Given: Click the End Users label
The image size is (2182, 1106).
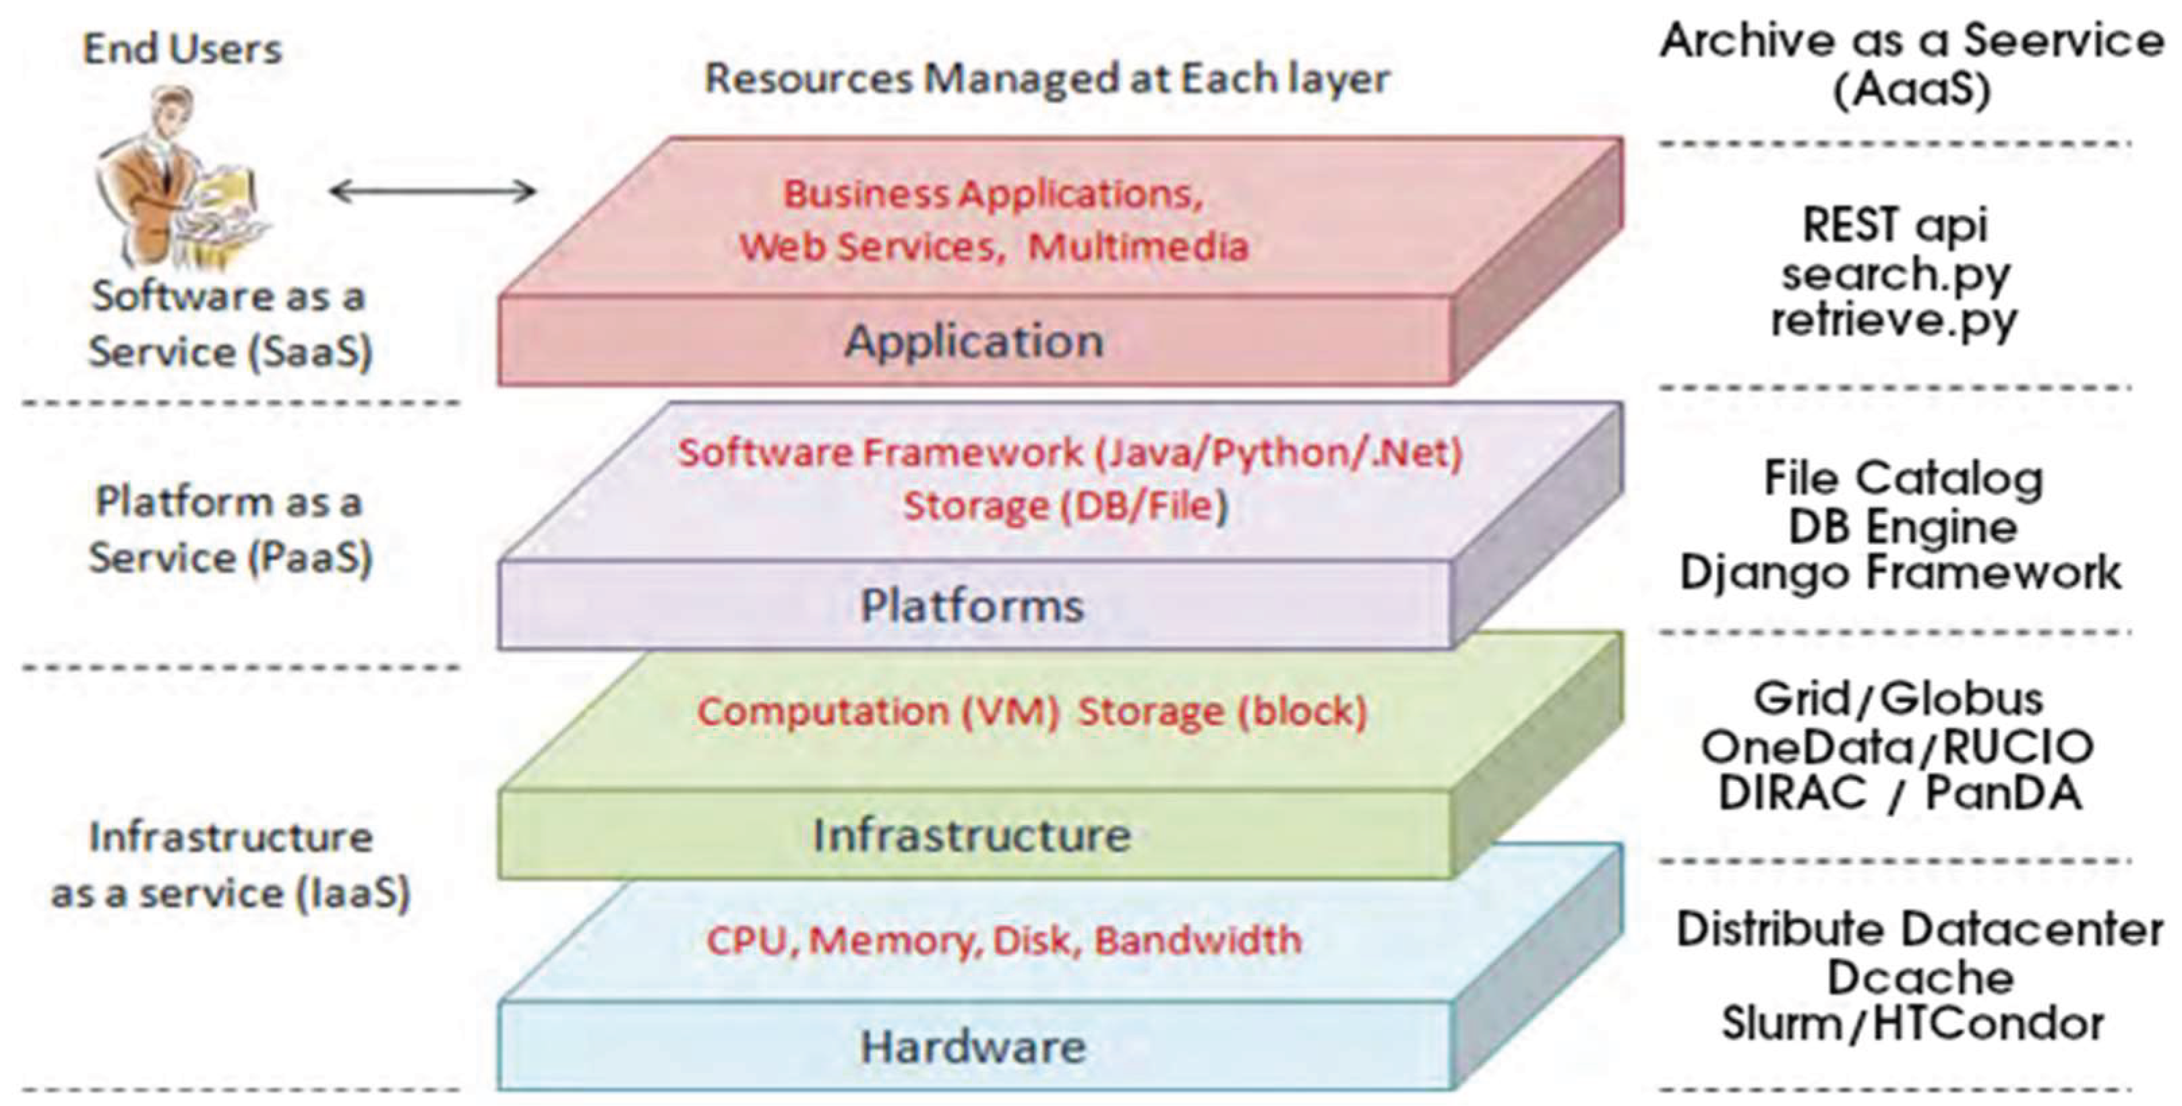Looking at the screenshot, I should coord(182,49).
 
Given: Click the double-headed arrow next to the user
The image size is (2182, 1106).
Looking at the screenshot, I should coord(432,191).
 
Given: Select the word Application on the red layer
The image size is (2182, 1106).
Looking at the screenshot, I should coord(974,341).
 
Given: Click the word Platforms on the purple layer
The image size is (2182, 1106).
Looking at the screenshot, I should coord(973,605).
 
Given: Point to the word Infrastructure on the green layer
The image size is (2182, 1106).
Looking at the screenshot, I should coord(973,836).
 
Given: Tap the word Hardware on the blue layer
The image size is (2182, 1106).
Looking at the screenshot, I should coord(973,1047).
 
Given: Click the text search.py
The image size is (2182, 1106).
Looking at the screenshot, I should coord(1896,274).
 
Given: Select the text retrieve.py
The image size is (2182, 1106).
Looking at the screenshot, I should coord(1894,320).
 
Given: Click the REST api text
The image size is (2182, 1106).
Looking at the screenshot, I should coord(1894,226).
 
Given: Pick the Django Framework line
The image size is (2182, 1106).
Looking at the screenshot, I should coord(1900,572).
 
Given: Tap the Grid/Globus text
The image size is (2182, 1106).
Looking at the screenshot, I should coord(1898,700).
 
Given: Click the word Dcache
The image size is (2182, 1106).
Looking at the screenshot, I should coord(1920,978).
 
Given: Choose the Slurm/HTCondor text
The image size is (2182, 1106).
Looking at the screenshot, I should coord(1912,1024).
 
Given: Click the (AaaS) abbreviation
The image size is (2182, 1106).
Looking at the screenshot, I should coord(1912,90).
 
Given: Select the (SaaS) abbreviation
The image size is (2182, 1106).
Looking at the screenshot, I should coord(313,351).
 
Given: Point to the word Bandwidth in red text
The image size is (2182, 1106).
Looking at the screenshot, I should coord(1198,940).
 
